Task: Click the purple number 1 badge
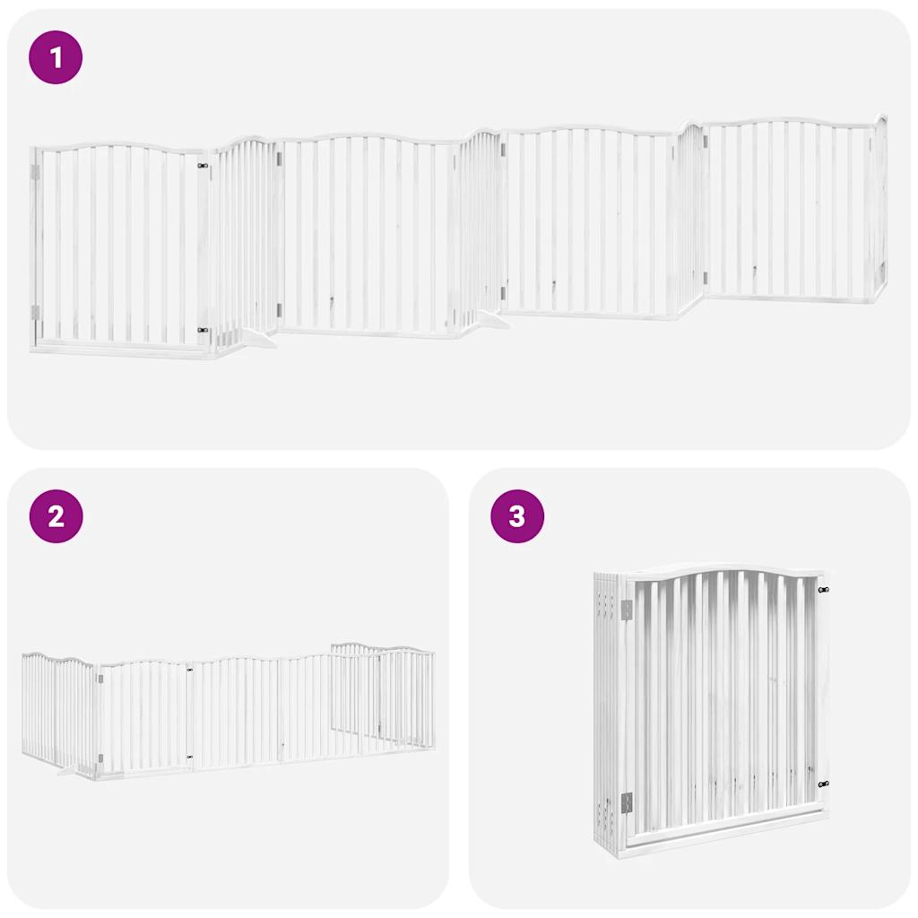(56, 58)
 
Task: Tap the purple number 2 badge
(56, 516)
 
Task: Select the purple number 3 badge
(516, 516)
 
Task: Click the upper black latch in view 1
(204, 166)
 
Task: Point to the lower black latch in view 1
(204, 331)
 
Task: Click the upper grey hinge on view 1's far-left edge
(36, 171)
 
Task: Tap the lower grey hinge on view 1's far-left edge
(36, 312)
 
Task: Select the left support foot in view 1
(255, 339)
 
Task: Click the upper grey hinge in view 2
(100, 680)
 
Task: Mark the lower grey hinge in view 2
(100, 758)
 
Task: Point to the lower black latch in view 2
(190, 758)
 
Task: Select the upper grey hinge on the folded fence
(627, 610)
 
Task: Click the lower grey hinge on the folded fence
(627, 802)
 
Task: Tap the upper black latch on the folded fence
(823, 590)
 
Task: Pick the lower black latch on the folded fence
(823, 784)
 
